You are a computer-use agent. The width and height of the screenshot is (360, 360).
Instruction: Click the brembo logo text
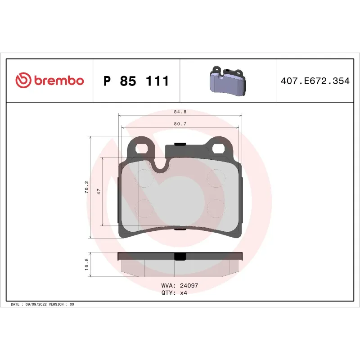pyautogui.click(x=58, y=81)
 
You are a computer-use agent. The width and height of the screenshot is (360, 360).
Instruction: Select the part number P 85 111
pyautogui.click(x=136, y=81)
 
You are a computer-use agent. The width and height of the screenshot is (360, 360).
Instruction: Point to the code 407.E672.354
pyautogui.click(x=315, y=81)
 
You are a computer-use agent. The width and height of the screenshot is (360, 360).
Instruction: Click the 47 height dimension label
pyautogui.click(x=98, y=191)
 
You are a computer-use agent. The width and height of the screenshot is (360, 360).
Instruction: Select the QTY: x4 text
pyautogui.click(x=174, y=292)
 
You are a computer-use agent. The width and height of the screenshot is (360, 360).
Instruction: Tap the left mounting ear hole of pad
pyautogui.click(x=144, y=148)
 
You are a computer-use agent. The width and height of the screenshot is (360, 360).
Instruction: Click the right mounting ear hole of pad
pyautogui.click(x=219, y=148)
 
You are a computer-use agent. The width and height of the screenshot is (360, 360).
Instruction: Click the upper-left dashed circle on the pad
pyautogui.click(x=146, y=177)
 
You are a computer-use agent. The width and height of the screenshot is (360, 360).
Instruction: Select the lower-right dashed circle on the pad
pyautogui.click(x=216, y=207)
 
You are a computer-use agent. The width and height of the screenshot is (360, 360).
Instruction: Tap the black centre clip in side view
pyautogui.click(x=180, y=256)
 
